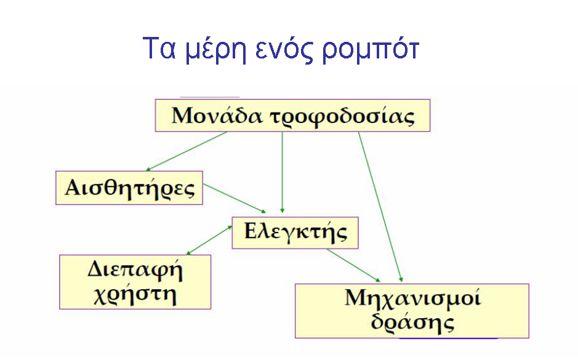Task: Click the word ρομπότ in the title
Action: point(371,50)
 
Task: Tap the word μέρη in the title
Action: point(215,50)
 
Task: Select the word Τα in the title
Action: point(159,48)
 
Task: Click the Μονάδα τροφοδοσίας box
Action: point(292,115)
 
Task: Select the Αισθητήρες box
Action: point(129,188)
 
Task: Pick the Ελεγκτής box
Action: point(295,233)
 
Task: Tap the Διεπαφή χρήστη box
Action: point(135,282)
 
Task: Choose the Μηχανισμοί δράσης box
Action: point(412,311)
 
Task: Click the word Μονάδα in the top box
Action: point(217,115)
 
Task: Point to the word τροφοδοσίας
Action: point(342,117)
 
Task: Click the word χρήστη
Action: point(135,295)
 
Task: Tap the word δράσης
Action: point(412,322)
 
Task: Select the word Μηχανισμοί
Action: point(412,298)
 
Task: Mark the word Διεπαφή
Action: point(135,270)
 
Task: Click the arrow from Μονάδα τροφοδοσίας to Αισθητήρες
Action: point(187,151)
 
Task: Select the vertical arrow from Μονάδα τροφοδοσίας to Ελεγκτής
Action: point(283,172)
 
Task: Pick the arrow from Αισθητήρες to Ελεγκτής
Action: point(235,198)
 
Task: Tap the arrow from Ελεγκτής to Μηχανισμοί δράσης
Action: point(353,265)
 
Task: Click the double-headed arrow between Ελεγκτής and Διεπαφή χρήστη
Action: point(209,240)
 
